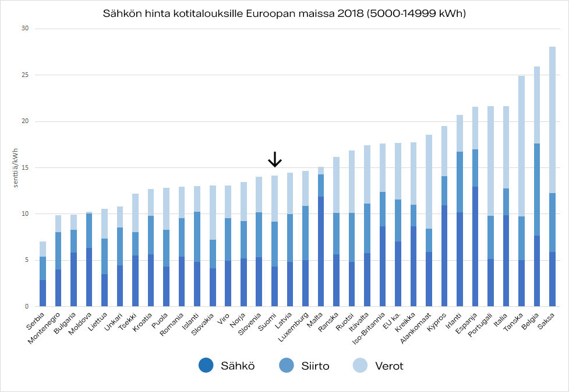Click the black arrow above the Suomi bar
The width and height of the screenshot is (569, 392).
point(274,159)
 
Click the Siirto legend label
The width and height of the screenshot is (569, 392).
point(315,366)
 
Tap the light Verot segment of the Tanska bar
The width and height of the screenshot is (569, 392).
point(521,146)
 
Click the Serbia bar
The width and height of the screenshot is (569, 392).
point(43,274)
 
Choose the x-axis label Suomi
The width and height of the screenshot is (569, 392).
point(268,323)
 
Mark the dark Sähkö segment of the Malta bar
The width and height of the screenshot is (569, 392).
point(320,251)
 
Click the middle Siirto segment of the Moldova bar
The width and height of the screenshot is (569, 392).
point(89,230)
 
